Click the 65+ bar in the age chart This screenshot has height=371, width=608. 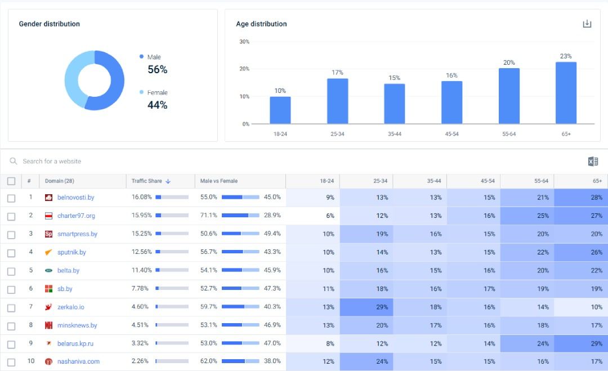click(566, 93)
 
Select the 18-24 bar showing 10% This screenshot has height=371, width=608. click(280, 110)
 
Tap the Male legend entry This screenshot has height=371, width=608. click(154, 57)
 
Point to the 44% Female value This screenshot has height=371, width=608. click(158, 105)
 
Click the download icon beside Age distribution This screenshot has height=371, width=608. click(587, 24)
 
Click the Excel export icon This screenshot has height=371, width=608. click(593, 162)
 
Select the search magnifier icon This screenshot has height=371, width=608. click(14, 162)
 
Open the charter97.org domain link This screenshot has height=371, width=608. click(76, 216)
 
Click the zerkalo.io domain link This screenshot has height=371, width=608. click(70, 307)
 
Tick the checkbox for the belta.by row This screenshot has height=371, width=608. click(11, 271)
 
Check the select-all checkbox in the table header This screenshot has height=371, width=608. click(11, 181)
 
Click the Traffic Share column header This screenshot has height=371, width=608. click(147, 181)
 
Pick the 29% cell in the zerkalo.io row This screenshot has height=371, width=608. click(366, 307)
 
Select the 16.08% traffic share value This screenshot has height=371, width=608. click(142, 198)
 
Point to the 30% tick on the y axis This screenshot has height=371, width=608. click(244, 42)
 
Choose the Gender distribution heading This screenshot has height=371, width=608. click(50, 24)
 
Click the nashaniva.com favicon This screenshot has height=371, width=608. click(48, 361)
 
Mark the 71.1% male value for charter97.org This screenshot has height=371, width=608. click(209, 216)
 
